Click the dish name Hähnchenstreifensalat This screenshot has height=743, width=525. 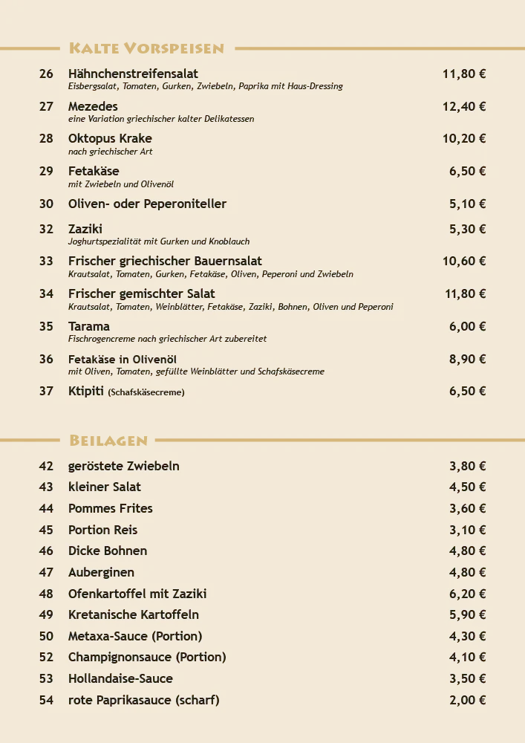pos(133,74)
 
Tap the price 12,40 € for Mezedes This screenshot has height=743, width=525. pos(464,106)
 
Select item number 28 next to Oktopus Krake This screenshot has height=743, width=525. pos(46,138)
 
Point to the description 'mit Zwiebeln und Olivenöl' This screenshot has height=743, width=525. pos(120,184)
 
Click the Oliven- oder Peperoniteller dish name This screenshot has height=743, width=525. pos(147,204)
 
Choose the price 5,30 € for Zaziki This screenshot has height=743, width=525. pos(467,229)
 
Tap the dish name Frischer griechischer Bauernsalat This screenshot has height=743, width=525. pos(165,261)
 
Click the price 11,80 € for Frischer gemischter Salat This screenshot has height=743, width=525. pos(465,293)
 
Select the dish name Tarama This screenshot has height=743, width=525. pos(88,326)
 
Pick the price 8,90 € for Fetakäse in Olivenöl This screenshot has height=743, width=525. pos(467,359)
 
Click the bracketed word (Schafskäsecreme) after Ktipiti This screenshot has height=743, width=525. pos(146,392)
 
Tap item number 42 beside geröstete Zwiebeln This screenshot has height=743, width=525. pos(46,466)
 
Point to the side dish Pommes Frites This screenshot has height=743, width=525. pos(110,508)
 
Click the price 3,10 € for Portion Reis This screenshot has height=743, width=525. pos(467,530)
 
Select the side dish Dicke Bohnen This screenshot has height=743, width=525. pos(108,551)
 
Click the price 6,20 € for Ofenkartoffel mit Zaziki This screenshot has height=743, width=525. pos(467,594)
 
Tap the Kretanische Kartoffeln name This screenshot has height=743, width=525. pos(133,614)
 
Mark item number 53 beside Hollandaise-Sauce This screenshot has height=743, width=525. pos(46,678)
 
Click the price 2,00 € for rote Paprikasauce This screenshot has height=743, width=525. pos(467,700)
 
